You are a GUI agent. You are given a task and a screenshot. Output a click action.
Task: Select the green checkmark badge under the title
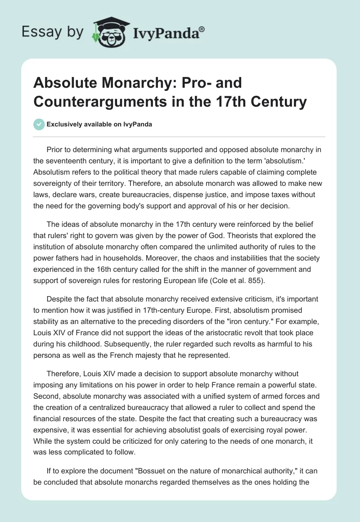coord(39,124)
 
